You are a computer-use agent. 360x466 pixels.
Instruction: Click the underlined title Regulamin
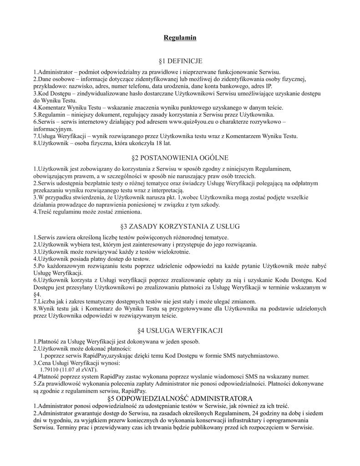(x=180, y=37)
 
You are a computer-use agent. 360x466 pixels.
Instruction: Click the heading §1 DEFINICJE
(x=180, y=61)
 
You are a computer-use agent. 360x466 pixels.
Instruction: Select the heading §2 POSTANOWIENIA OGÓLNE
(x=180, y=157)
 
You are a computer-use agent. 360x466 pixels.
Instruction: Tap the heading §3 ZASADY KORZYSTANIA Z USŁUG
(x=180, y=226)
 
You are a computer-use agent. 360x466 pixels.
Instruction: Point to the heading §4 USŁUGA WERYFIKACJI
(x=180, y=329)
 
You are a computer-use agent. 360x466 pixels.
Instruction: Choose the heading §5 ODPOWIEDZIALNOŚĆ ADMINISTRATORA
(x=180, y=398)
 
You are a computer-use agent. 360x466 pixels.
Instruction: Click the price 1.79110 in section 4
(x=50, y=370)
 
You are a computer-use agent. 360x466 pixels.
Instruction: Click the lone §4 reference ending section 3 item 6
(x=37, y=294)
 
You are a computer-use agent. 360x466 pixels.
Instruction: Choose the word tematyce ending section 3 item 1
(x=215, y=238)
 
